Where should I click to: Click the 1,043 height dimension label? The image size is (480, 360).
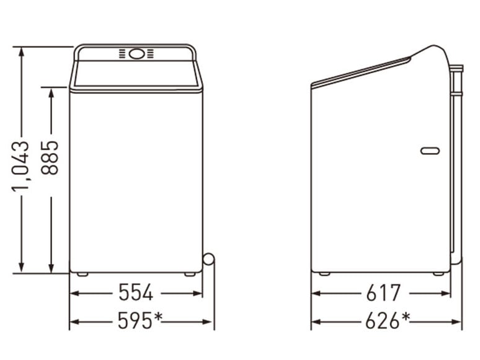pyautogui.click(x=21, y=167)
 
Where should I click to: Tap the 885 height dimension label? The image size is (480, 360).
pyautogui.click(x=50, y=157)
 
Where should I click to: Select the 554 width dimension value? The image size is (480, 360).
pyautogui.click(x=136, y=292)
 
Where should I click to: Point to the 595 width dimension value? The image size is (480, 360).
pyautogui.click(x=135, y=320)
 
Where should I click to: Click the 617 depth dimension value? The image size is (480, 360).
pyautogui.click(x=383, y=292)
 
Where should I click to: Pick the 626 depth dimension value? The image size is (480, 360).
pyautogui.click(x=383, y=320)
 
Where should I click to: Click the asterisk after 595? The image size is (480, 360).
pyautogui.click(x=158, y=317)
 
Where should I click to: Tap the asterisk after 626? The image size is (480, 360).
pyautogui.click(x=405, y=317)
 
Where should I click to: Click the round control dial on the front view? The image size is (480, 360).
pyautogui.click(x=136, y=54)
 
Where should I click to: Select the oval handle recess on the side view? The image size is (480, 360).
pyautogui.click(x=430, y=151)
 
